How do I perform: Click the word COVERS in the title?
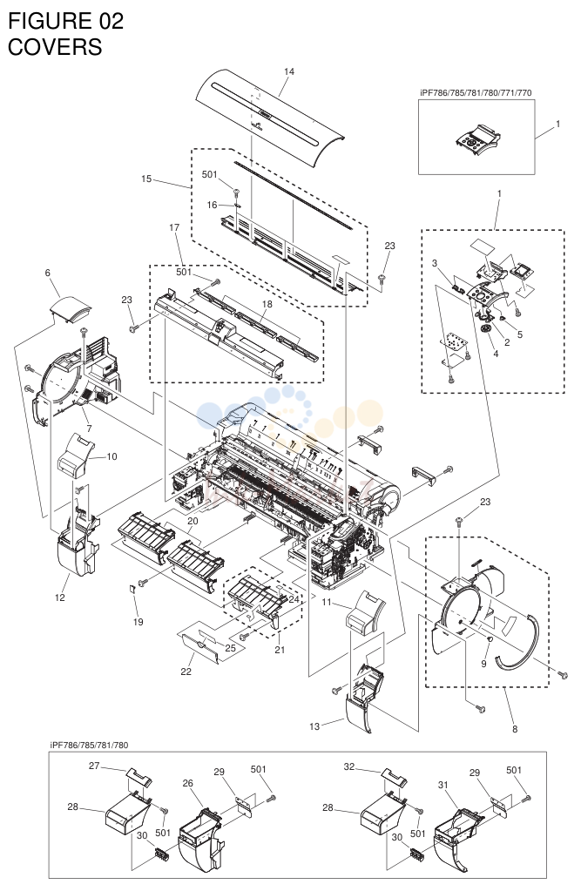[x=55, y=46]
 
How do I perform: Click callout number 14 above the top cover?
[x=289, y=71]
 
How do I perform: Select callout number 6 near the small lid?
[x=48, y=273]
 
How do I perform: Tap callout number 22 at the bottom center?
[x=186, y=672]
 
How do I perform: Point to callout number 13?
[x=315, y=726]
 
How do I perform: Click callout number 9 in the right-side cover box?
[x=483, y=663]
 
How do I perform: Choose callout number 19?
[x=138, y=622]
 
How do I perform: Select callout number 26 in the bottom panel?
[x=188, y=783]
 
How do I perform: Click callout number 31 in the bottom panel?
[x=443, y=785]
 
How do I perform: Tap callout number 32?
[x=349, y=766]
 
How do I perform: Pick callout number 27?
[x=94, y=766]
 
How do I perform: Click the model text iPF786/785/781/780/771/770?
[x=476, y=92]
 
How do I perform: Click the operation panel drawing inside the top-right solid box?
[x=476, y=139]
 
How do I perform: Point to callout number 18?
[x=267, y=304]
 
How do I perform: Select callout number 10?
[x=112, y=456]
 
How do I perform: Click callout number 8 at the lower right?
[x=515, y=729]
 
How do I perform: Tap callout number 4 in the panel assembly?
[x=496, y=354]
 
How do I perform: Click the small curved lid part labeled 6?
[x=71, y=310]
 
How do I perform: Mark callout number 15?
[x=146, y=179]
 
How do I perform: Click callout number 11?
[x=327, y=602]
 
